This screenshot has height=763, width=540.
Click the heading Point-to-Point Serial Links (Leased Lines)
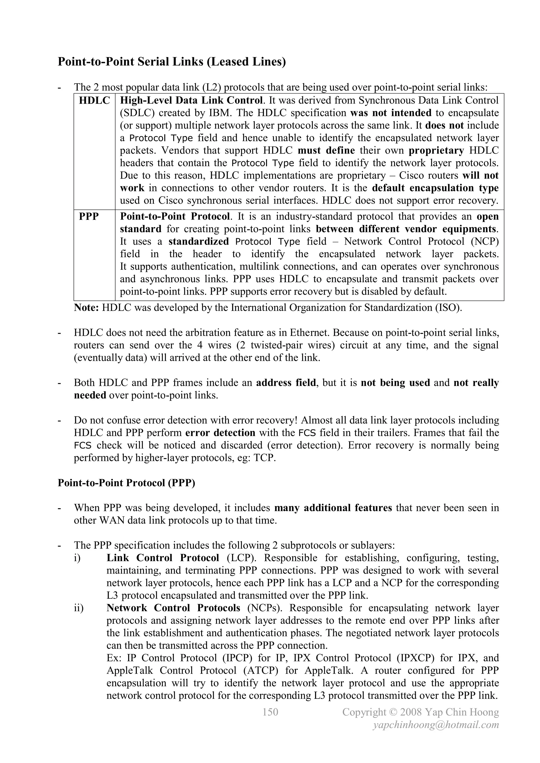click(x=172, y=62)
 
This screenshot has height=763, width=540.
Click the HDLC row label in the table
click(x=94, y=100)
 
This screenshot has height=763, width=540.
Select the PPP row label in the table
click(x=89, y=216)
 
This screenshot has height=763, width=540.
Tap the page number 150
click(x=270, y=712)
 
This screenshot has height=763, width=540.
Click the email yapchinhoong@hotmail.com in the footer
click(x=436, y=725)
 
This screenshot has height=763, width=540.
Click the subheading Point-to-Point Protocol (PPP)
click(x=126, y=483)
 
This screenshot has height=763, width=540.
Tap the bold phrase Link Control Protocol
click(x=163, y=558)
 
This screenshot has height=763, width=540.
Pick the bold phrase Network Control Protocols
click(x=173, y=608)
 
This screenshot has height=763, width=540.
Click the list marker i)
click(x=77, y=558)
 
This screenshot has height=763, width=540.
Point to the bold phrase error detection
click(x=220, y=433)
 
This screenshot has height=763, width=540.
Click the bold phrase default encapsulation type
click(x=435, y=188)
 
